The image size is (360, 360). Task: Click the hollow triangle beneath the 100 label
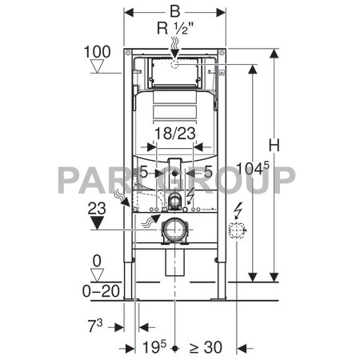[95, 70]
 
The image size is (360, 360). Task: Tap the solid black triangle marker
[97, 222]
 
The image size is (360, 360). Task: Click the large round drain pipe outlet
[174, 232]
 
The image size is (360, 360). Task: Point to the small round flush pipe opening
[174, 199]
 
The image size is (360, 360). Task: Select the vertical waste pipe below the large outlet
[174, 262]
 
